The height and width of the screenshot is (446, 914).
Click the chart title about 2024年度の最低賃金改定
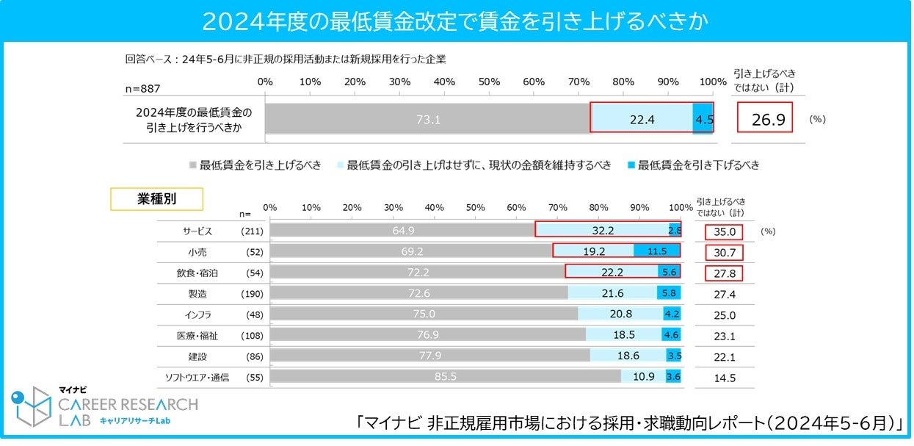(455, 21)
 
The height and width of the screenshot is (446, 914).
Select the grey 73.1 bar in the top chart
(427, 119)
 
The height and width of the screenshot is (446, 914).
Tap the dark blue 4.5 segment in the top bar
(703, 119)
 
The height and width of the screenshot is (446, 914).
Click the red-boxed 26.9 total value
(764, 119)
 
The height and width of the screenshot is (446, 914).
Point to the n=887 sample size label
(142, 88)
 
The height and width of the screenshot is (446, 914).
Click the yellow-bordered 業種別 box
(156, 198)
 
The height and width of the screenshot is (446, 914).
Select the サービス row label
(197, 231)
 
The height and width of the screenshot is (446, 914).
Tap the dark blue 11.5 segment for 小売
(657, 251)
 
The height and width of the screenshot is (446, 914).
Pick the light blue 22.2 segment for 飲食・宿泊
(611, 272)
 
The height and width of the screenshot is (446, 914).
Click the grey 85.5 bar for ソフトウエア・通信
(445, 377)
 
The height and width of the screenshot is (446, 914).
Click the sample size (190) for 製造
(253, 293)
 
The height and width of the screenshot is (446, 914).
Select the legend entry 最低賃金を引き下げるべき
(693, 165)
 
